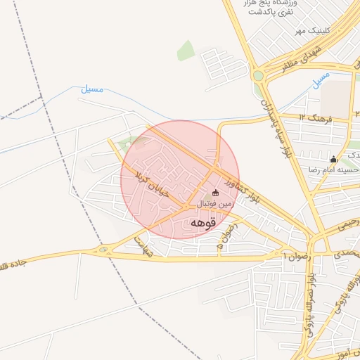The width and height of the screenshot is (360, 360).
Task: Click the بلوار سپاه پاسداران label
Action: click(x=274, y=127)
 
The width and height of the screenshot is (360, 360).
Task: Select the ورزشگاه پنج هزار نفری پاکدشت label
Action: click(x=271, y=8)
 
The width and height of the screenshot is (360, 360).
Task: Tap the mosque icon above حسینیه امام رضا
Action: click(x=333, y=159)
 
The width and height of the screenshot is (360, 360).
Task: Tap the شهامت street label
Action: click(x=143, y=243)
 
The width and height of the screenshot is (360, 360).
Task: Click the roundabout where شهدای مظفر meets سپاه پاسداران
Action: click(x=258, y=75)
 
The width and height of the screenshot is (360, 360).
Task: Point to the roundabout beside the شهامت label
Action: click(x=105, y=249)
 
